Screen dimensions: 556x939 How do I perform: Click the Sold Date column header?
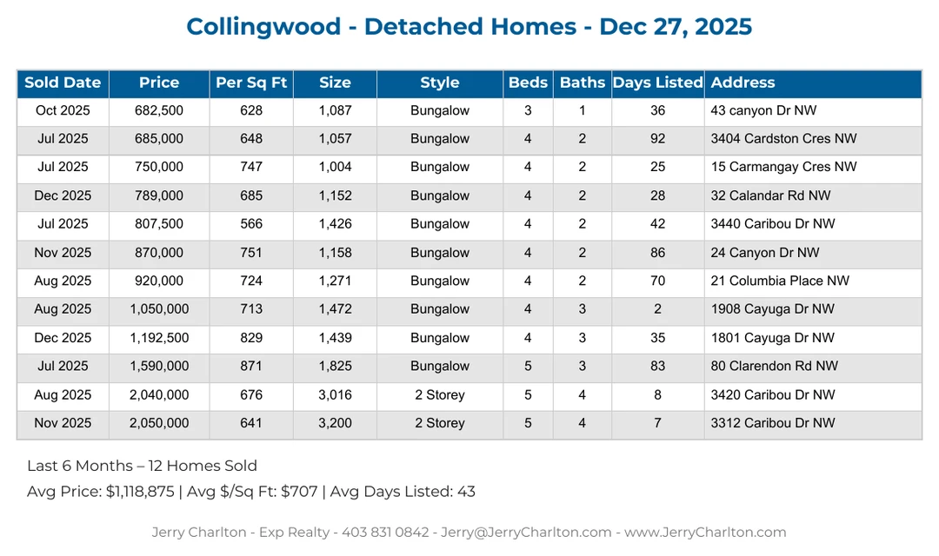point(63,83)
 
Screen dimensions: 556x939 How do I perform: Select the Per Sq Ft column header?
point(251,83)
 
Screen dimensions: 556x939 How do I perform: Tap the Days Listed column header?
point(657,83)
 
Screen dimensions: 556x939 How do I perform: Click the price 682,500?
point(159,111)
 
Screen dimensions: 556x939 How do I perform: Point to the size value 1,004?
point(335,168)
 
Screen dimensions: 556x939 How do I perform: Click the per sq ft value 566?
point(251,224)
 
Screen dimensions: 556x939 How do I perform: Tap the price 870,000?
point(159,253)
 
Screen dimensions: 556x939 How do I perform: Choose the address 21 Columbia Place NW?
point(780,281)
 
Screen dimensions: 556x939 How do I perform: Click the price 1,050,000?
point(159,309)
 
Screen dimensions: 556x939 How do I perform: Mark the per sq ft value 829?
point(251,338)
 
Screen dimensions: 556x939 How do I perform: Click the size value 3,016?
point(335,395)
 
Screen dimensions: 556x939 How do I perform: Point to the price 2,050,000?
point(159,424)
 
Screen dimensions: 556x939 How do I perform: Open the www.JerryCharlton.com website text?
point(705,533)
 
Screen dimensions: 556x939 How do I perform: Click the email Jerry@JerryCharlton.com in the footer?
point(528,533)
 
